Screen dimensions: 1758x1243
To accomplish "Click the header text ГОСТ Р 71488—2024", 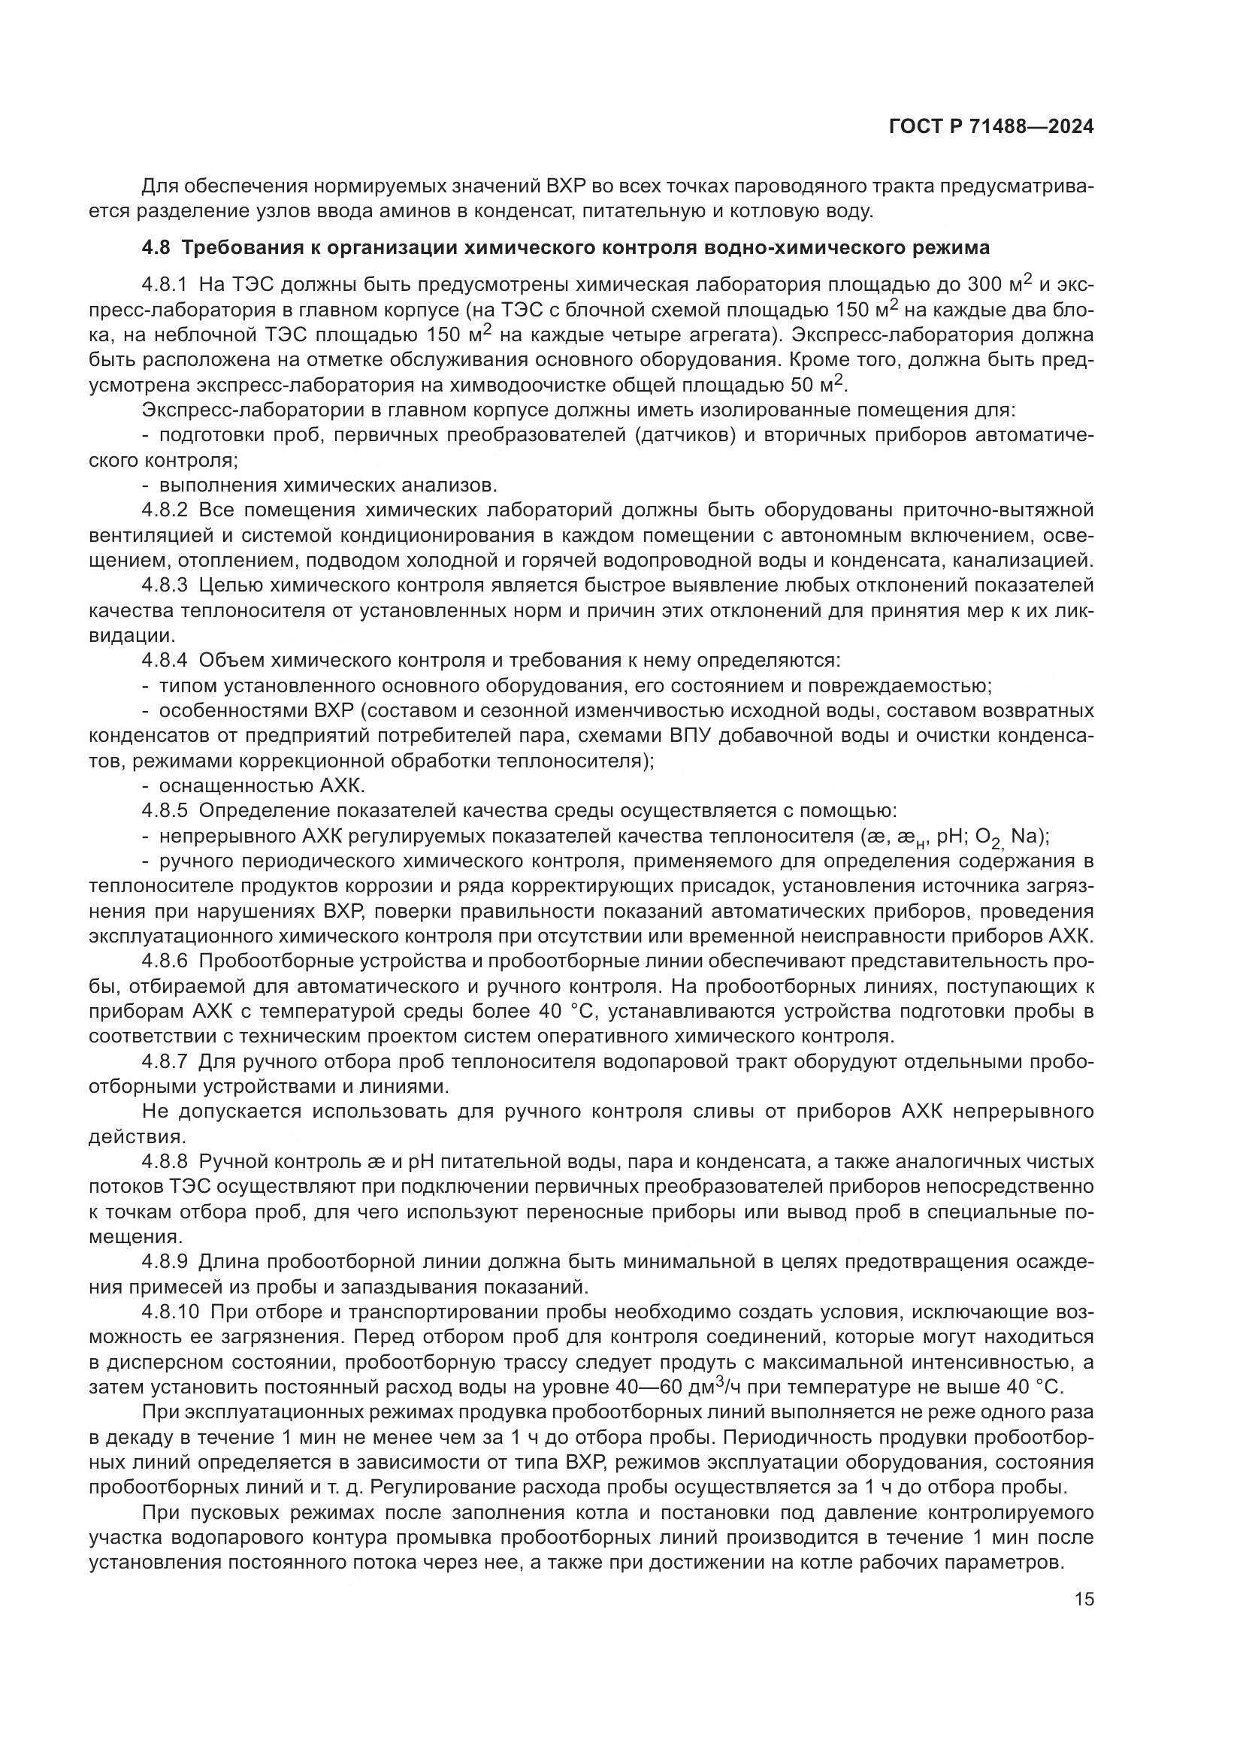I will tap(991, 127).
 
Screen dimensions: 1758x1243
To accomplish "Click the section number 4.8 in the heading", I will tap(158, 247).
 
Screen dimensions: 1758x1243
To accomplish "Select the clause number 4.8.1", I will tap(165, 285).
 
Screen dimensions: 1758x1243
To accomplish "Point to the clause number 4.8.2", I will tap(165, 510).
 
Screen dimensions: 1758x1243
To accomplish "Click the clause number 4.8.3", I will tap(165, 585).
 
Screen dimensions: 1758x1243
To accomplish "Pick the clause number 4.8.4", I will tap(165, 660).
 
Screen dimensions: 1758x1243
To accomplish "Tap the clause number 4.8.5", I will tap(165, 810).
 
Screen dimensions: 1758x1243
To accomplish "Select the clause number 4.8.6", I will tap(165, 961).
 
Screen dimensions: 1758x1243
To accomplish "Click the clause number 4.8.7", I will tap(165, 1061).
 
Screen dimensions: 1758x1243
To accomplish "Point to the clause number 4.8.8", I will tap(165, 1161).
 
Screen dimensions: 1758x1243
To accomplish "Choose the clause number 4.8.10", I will tap(170, 1312).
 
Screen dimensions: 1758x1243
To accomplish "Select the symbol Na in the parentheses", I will tap(1023, 836).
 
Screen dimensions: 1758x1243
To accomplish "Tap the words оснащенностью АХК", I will tap(262, 785).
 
